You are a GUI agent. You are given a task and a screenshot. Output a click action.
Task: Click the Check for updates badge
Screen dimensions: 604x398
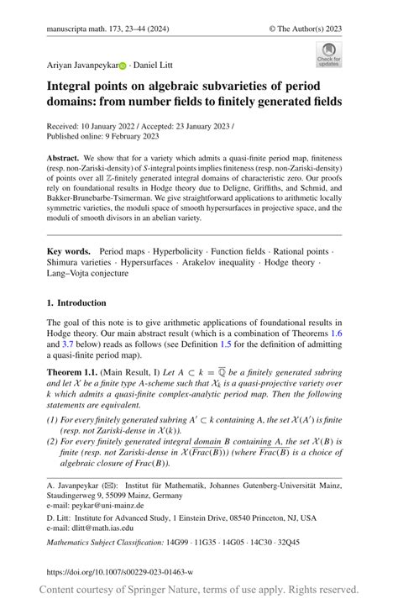pos(328,55)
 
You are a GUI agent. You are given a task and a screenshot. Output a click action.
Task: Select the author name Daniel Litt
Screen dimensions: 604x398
pos(154,65)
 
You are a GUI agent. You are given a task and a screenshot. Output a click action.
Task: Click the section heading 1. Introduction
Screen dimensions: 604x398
pos(76,302)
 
